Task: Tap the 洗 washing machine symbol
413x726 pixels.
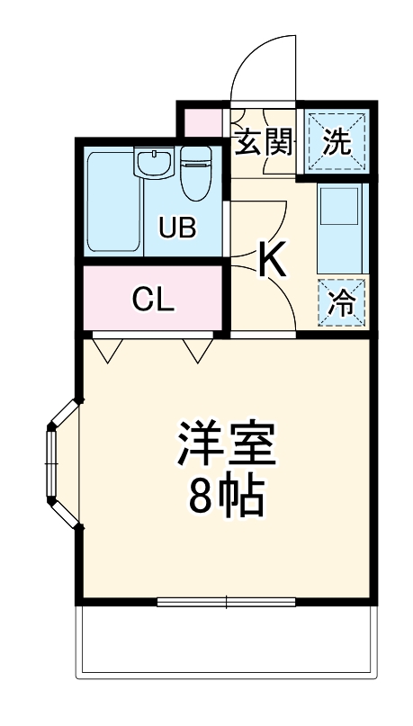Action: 335,142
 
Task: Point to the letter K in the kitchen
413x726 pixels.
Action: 272,261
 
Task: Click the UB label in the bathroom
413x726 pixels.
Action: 177,227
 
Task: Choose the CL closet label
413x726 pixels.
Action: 153,300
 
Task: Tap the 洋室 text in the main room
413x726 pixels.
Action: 225,442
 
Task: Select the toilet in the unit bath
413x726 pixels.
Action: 194,176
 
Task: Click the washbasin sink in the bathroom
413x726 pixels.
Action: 155,163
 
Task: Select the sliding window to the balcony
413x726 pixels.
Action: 227,601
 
